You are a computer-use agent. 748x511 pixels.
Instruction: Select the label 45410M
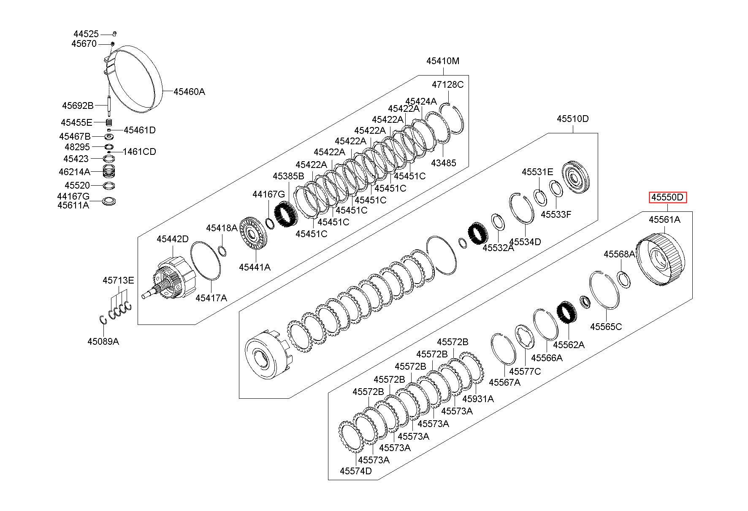[x=443, y=61]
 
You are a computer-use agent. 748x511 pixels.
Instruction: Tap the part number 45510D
[x=572, y=119]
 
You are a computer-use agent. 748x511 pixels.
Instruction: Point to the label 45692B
[x=78, y=105]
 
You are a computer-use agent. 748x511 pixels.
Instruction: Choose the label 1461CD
[x=139, y=151]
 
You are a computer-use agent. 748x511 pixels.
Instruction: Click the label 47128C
[x=447, y=84]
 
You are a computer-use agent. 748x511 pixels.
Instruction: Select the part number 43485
[x=443, y=163]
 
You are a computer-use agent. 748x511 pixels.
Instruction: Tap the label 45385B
[x=288, y=176]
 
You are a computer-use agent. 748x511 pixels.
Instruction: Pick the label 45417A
[x=211, y=298]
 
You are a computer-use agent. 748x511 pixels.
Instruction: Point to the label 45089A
[x=103, y=341]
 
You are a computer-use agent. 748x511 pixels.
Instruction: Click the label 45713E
[x=118, y=280]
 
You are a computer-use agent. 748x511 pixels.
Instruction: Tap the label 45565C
[x=606, y=327]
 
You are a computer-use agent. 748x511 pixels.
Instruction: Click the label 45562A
[x=569, y=345]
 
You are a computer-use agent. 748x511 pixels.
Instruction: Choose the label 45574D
[x=356, y=470]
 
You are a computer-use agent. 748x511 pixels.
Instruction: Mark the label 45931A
[x=478, y=399]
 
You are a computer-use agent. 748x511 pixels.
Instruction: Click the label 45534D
[x=525, y=242]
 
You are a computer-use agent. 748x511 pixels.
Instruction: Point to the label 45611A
[x=73, y=205]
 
